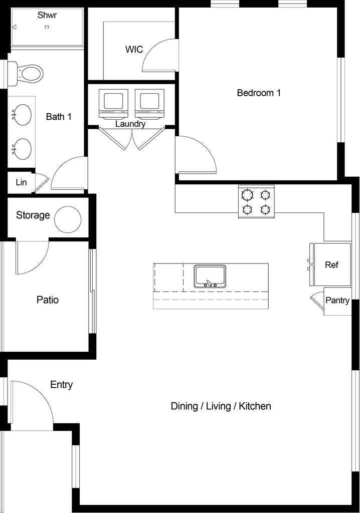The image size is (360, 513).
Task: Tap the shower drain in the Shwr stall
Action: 47,27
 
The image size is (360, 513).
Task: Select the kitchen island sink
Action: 210,277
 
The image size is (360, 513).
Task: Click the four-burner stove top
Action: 256,201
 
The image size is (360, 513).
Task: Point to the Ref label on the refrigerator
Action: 331,265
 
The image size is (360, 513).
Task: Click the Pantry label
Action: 337,301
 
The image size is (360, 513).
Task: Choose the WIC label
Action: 134,50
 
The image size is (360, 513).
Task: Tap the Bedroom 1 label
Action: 259,93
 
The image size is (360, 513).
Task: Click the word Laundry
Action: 130,124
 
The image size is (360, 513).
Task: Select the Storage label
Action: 33,215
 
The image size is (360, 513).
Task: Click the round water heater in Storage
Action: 68,219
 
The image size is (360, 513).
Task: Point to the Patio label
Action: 48,300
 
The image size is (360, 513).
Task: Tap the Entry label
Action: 61,385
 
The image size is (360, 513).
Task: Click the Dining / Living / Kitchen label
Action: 221,406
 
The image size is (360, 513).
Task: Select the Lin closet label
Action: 21,182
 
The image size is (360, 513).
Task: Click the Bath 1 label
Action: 59,116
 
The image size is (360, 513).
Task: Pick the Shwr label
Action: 47,15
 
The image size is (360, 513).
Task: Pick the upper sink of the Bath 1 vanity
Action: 22,114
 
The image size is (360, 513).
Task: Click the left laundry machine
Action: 113,103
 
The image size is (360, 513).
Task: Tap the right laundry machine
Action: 149,103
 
